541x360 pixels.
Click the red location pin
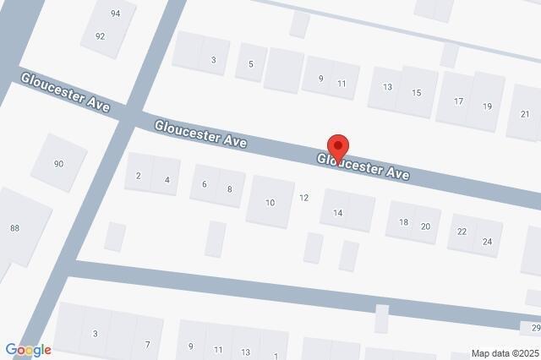(338, 145)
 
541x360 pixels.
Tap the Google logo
(28, 350)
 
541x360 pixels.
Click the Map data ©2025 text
(504, 353)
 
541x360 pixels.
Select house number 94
(115, 14)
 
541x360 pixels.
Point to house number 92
(100, 36)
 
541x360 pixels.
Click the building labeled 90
(58, 164)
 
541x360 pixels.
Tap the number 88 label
(14, 228)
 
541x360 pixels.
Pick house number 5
(250, 64)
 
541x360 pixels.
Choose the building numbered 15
(416, 92)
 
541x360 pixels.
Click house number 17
(458, 101)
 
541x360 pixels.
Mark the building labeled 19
(487, 106)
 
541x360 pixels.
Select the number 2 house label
(138, 176)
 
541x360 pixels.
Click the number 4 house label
(167, 180)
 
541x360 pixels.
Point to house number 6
(204, 184)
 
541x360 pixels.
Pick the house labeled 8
(229, 189)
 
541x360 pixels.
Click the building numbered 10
(270, 203)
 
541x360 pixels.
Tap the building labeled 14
(337, 213)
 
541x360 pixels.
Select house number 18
(403, 222)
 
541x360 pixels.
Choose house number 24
(487, 242)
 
